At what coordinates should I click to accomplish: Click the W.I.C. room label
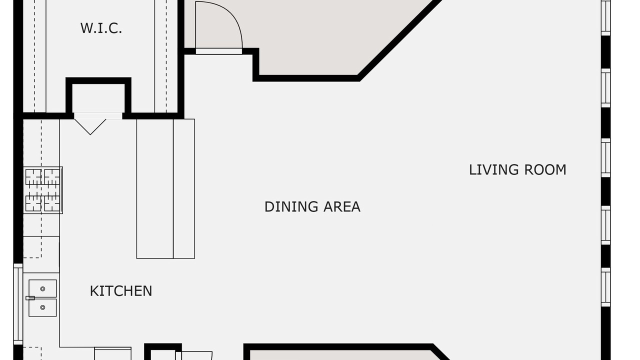pos(101,28)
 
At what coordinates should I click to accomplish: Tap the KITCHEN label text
pos(121,291)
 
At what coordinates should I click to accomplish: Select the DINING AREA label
pos(312,207)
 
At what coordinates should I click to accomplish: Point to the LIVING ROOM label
pos(517,169)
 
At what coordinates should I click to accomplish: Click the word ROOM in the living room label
pos(545,169)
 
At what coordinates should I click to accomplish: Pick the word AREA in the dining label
pos(341,207)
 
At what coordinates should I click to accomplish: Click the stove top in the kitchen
pos(43,190)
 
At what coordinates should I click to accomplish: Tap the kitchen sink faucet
pos(30,298)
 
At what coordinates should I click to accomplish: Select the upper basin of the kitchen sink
pos(42,288)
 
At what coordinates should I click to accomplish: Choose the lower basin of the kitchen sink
pos(42,307)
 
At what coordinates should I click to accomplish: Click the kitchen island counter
pos(165,189)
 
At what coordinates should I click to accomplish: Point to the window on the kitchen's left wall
pos(18,304)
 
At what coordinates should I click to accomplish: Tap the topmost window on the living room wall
pos(605,16)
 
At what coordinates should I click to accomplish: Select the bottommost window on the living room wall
pos(605,287)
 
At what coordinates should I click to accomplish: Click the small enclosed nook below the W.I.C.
pos(98,98)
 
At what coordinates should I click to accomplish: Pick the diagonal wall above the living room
pos(400,39)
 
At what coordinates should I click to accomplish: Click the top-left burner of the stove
pos(33,177)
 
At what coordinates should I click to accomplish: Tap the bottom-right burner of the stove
pos(52,203)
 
